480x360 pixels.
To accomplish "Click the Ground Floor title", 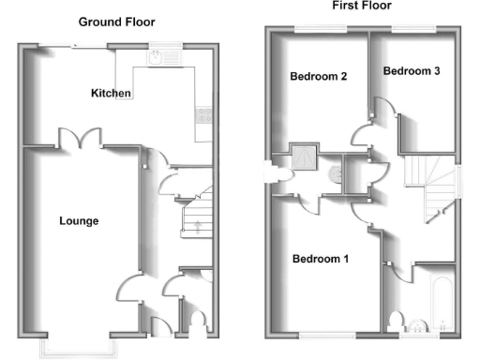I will point(116,22).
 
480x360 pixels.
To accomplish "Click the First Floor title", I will point(361,6).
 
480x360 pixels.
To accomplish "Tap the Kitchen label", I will point(111,93).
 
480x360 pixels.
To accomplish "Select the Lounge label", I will point(79,221).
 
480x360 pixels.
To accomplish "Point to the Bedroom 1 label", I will point(321,259).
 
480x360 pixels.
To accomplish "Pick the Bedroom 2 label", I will point(319,76).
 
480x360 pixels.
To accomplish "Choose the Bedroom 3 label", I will point(412,71).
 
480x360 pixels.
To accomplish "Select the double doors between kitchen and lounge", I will point(80,138).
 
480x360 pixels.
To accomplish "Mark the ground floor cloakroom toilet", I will point(195,322).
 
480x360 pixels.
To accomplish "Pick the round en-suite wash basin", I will point(337,172).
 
